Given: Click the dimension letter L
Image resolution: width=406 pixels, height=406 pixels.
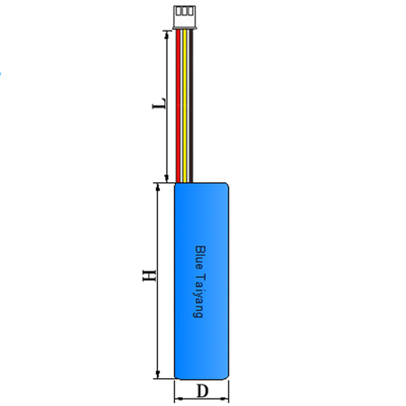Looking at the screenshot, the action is pyautogui.click(x=159, y=104).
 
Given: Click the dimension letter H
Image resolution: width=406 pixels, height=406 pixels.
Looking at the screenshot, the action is pyautogui.click(x=149, y=275).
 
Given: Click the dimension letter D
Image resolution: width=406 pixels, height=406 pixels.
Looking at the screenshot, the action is pyautogui.click(x=202, y=392).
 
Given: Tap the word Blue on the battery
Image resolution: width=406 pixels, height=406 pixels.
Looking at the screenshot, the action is pyautogui.click(x=199, y=258).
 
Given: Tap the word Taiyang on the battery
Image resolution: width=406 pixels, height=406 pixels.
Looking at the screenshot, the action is pyautogui.click(x=199, y=295).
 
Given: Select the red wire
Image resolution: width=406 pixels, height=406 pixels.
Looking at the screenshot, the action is pyautogui.click(x=178, y=106).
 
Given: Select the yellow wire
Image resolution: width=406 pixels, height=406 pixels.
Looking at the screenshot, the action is pyautogui.click(x=184, y=106).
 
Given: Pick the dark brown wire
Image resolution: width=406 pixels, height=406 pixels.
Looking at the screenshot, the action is pyautogui.click(x=191, y=106).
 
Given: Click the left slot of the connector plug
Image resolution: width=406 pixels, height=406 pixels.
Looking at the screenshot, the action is pyautogui.click(x=179, y=11).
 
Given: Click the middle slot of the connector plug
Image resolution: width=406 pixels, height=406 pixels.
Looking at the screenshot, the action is pyautogui.click(x=184, y=11).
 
